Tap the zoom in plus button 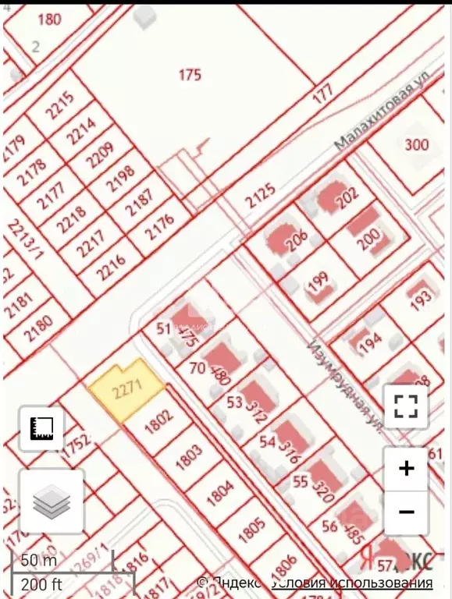tap(406, 469)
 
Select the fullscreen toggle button tap(406, 406)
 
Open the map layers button tap(52, 502)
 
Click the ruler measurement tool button tap(41, 428)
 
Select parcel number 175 tap(190, 75)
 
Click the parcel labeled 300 tap(417, 144)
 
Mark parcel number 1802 tap(158, 422)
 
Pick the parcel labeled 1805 tap(252, 531)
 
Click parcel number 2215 tap(60, 107)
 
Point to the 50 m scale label tap(39, 561)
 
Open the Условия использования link tap(352, 583)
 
